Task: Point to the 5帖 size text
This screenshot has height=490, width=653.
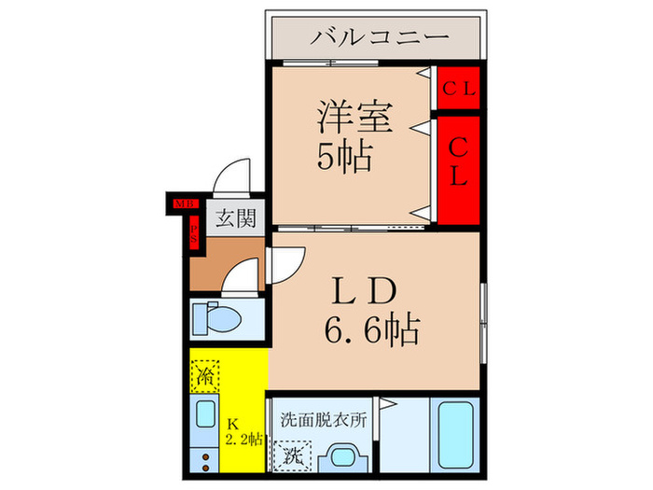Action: point(343,157)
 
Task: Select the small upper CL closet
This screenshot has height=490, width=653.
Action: point(459,90)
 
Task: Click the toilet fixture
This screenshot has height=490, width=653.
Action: point(221,318)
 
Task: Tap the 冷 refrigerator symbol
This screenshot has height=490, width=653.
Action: point(206,376)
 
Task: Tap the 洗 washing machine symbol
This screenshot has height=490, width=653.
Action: point(292,459)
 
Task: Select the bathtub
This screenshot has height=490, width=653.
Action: point(457,439)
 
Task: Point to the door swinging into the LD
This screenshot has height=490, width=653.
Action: point(285,264)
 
